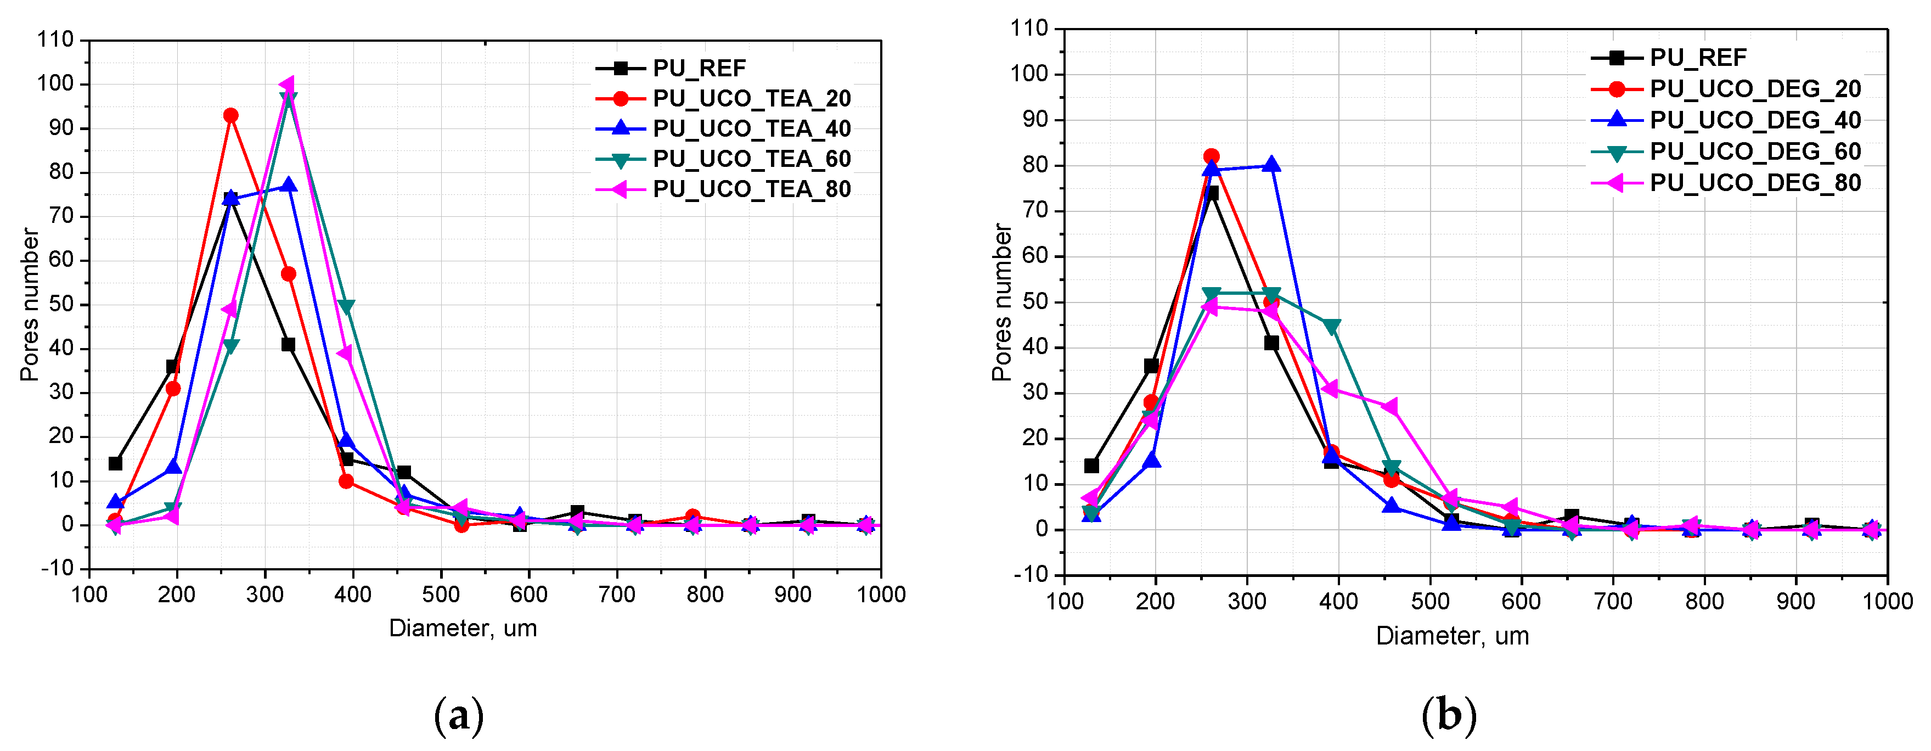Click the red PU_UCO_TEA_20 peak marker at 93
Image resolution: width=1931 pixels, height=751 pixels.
pyautogui.click(x=231, y=115)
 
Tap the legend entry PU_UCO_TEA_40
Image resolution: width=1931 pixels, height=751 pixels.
pyautogui.click(x=751, y=129)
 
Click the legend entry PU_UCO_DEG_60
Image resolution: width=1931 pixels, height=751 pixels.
pyautogui.click(x=1755, y=152)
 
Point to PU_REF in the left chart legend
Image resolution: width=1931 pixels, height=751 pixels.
pyautogui.click(x=699, y=68)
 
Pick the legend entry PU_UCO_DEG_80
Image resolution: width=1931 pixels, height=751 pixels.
pyautogui.click(x=1755, y=183)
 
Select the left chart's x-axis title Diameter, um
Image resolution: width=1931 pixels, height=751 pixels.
pyautogui.click(x=463, y=628)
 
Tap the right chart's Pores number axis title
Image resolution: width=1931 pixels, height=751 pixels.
pyautogui.click(x=1001, y=302)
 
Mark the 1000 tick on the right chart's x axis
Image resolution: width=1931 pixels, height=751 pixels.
pyautogui.click(x=1887, y=602)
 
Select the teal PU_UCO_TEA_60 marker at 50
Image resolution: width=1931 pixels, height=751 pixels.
pyautogui.click(x=346, y=307)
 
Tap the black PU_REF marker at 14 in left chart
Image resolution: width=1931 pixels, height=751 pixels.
pyautogui.click(x=115, y=464)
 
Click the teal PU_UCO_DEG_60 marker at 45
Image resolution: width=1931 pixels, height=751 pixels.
pyautogui.click(x=1331, y=326)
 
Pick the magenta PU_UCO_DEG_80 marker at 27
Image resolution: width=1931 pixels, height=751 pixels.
pyautogui.click(x=1390, y=407)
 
